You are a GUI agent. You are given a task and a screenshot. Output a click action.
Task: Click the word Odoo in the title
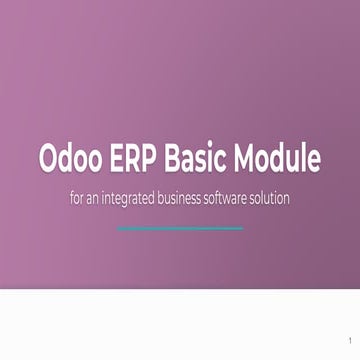[x=73, y=159]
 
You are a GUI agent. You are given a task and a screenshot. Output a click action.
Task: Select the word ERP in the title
[x=141, y=159]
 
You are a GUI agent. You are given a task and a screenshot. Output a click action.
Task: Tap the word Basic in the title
[x=203, y=159]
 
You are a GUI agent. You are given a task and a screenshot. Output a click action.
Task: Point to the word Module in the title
[x=281, y=159]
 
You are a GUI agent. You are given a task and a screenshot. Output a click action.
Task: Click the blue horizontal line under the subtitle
[x=179, y=228]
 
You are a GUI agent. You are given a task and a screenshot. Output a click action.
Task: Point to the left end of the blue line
[x=118, y=228]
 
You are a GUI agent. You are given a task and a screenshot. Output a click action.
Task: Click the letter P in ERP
[x=158, y=159]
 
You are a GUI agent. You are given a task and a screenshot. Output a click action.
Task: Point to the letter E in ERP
[x=124, y=159]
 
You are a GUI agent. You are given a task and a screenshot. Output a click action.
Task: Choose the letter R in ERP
[x=141, y=159]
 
